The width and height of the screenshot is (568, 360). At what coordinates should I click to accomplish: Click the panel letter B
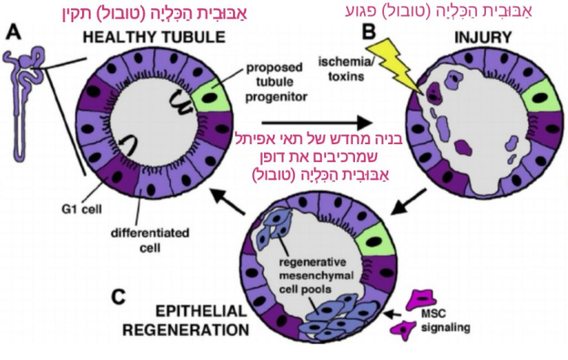(368, 33)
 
